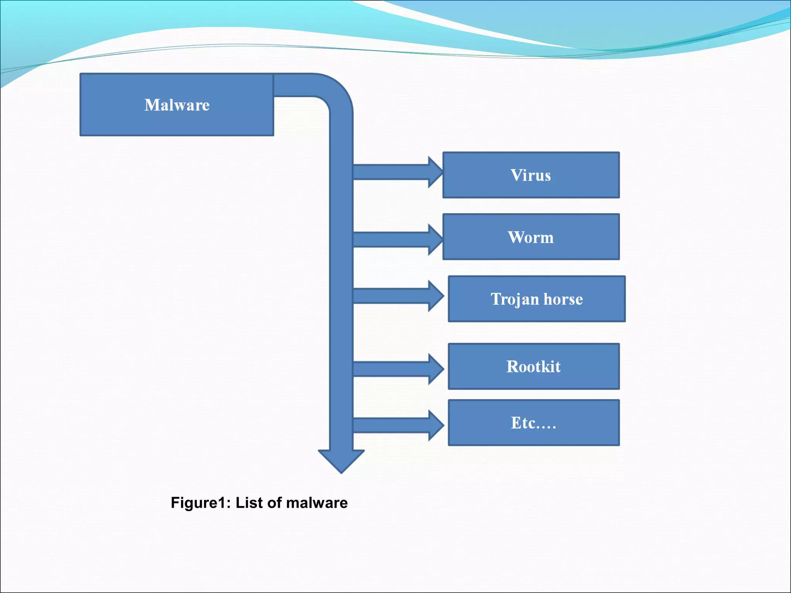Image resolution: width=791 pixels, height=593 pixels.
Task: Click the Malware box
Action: point(177,105)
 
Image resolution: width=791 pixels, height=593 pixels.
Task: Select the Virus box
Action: point(531,175)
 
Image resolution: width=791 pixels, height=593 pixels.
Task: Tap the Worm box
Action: point(531,237)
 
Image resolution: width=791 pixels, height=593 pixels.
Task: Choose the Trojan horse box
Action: point(536,299)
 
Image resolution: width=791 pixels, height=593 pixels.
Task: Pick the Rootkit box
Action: point(533,366)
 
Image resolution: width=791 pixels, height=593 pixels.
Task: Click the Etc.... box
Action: point(533,423)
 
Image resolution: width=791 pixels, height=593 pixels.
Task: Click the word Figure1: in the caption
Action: point(200,503)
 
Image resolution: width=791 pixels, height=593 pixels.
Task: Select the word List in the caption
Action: point(249,503)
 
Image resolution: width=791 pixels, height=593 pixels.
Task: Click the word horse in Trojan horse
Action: point(563,299)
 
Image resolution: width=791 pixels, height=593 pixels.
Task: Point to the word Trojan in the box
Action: point(514,300)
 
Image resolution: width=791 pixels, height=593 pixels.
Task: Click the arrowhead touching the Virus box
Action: point(435,172)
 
